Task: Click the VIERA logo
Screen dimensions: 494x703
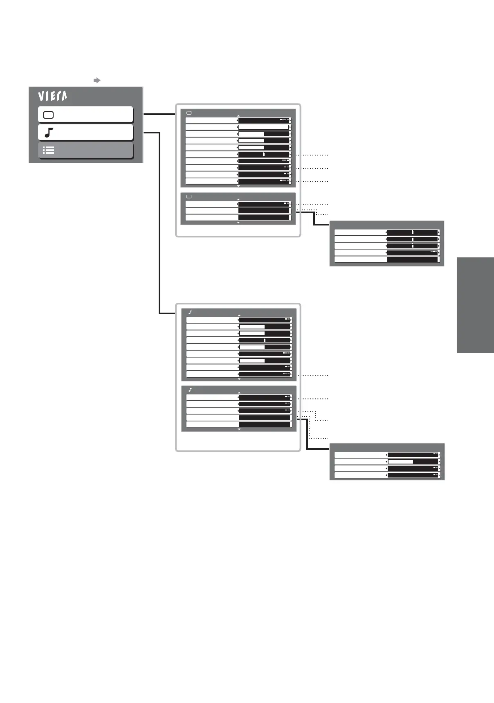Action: coord(52,96)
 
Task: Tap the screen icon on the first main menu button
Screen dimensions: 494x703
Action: coord(48,115)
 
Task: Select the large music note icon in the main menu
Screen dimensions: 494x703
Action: coord(49,133)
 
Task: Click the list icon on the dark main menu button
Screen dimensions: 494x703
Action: coord(49,150)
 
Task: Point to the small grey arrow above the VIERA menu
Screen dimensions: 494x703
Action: coord(97,80)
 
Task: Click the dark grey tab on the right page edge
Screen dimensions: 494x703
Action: coord(475,305)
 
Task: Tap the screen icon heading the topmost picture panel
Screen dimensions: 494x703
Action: coord(189,113)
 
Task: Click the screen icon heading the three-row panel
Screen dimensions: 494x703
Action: coord(189,197)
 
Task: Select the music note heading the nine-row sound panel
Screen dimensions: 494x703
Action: coord(190,313)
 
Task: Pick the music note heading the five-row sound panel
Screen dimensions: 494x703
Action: coord(190,390)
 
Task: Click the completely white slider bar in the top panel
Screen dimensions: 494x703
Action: coord(264,127)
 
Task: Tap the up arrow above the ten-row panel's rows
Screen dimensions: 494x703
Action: coord(238,116)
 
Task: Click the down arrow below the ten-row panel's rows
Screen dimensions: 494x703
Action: coord(238,186)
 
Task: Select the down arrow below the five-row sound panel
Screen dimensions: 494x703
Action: coord(239,429)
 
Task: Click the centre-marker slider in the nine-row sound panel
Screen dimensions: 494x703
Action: coord(265,340)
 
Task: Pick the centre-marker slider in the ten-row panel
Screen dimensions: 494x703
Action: coord(264,154)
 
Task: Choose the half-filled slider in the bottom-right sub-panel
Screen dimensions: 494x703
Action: coord(413,462)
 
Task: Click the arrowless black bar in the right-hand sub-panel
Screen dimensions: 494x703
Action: coord(413,259)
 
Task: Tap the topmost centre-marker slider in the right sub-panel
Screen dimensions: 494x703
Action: coord(413,232)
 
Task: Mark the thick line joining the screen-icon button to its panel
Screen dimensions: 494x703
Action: coord(159,114)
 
